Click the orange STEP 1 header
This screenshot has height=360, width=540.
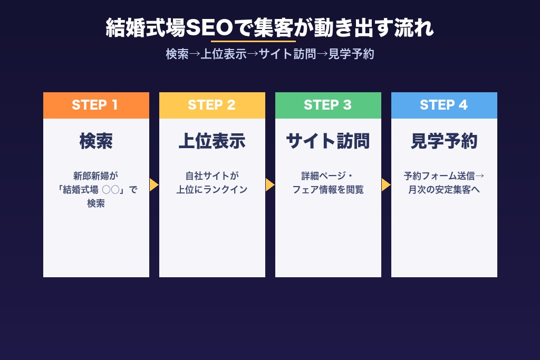pyautogui.click(x=96, y=105)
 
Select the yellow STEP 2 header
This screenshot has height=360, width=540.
pyautogui.click(x=212, y=105)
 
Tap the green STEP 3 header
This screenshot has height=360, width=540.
pyautogui.click(x=328, y=105)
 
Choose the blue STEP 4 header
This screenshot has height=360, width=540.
pyautogui.click(x=444, y=105)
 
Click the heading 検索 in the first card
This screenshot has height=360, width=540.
pyautogui.click(x=96, y=141)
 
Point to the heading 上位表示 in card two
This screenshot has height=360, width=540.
pyautogui.click(x=212, y=141)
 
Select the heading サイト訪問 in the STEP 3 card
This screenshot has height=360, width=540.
pyautogui.click(x=328, y=141)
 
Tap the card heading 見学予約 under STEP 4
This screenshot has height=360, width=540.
pyautogui.click(x=444, y=141)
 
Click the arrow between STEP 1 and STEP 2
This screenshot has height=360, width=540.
pyautogui.click(x=153, y=185)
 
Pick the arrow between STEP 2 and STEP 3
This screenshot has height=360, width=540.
pyautogui.click(x=269, y=185)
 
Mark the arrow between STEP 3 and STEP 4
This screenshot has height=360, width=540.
pyautogui.click(x=385, y=185)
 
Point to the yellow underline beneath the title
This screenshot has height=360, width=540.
pyautogui.click(x=253, y=41)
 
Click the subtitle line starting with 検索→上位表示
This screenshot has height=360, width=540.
pyautogui.click(x=270, y=54)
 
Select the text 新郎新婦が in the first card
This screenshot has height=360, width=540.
pyautogui.click(x=96, y=176)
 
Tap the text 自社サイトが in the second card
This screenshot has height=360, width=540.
pyautogui.click(x=212, y=176)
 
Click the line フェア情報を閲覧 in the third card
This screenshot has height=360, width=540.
pyautogui.click(x=328, y=190)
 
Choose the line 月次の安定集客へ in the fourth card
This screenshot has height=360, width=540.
pyautogui.click(x=444, y=190)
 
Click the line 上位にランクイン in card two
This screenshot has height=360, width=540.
pyautogui.click(x=212, y=190)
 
